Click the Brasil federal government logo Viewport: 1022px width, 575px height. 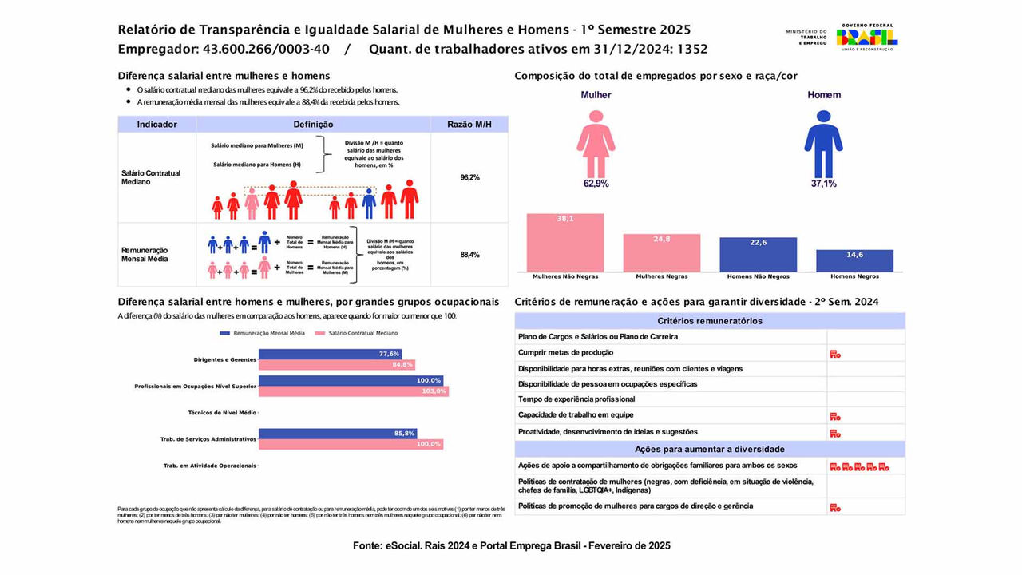click(x=867, y=37)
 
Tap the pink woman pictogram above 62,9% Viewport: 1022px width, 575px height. click(x=596, y=144)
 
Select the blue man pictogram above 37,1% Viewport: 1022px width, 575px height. click(x=823, y=144)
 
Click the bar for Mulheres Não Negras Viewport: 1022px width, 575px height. click(x=565, y=243)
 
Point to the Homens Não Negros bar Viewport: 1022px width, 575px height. click(x=758, y=255)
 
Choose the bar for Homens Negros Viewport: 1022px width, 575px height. click(x=854, y=261)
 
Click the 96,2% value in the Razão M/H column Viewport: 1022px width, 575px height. click(x=469, y=177)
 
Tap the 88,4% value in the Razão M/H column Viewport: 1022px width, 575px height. click(x=469, y=255)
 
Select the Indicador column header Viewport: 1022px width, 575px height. click(x=156, y=125)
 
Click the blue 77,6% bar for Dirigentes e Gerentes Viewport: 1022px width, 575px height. click(x=330, y=354)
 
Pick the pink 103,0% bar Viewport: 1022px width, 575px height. click(x=353, y=391)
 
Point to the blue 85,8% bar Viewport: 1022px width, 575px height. click(x=338, y=434)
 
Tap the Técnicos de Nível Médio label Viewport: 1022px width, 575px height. click(x=222, y=413)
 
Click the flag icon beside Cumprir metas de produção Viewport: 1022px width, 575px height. click(x=835, y=353)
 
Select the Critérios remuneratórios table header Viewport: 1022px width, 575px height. click(x=710, y=321)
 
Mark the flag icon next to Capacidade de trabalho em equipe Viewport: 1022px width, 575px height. click(x=835, y=415)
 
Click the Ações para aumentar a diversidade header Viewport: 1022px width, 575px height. click(x=710, y=449)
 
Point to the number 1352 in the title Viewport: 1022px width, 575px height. click(x=691, y=49)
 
